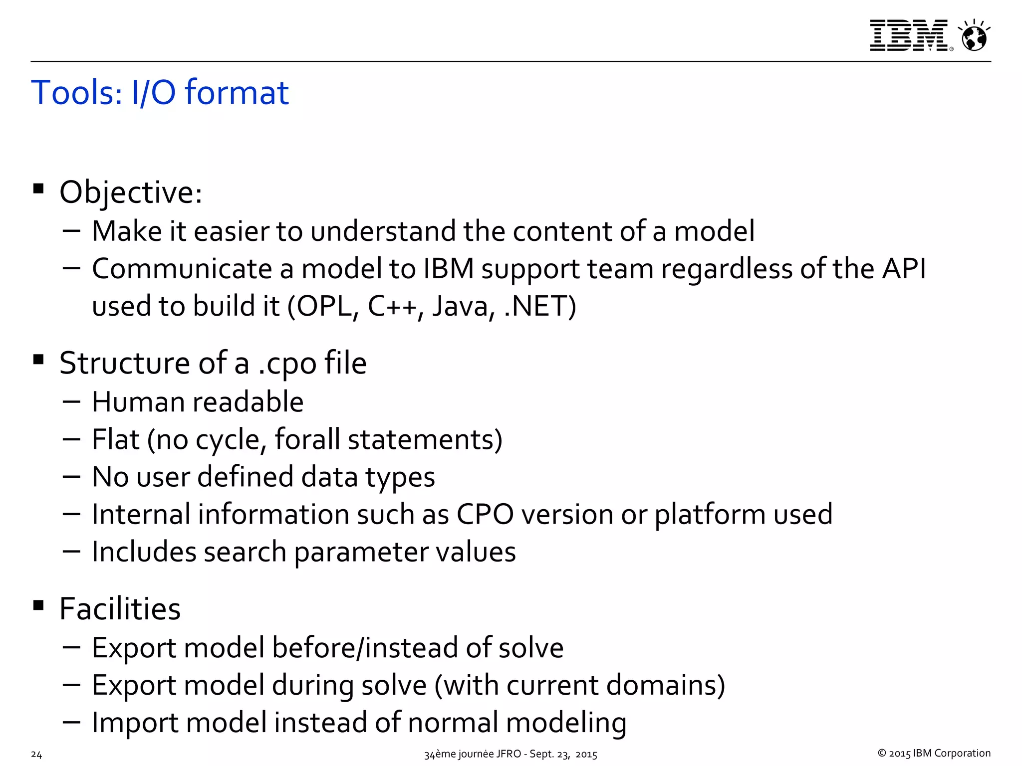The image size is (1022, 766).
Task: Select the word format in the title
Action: [237, 93]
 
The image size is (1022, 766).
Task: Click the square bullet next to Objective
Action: [38, 189]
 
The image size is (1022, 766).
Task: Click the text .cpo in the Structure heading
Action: [287, 363]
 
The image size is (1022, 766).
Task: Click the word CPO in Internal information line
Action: [485, 514]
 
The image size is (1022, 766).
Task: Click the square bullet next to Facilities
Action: [38, 606]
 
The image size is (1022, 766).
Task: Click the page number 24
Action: [36, 755]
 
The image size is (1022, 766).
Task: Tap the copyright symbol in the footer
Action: [882, 754]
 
